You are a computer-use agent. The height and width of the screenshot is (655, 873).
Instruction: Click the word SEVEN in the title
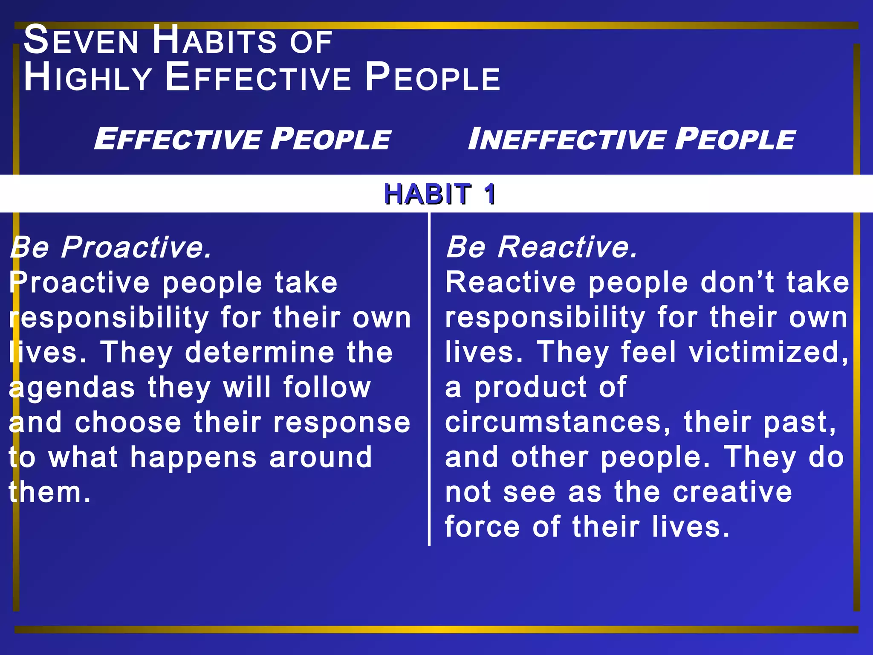(81, 41)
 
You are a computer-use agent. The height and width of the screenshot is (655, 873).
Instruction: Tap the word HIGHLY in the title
(88, 78)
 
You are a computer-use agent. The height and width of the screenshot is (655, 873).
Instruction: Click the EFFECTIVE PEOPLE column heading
(242, 139)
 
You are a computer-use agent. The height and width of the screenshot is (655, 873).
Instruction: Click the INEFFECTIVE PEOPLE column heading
(631, 139)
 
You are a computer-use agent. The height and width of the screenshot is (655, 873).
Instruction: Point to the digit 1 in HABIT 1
(489, 194)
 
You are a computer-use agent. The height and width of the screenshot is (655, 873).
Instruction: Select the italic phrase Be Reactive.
(541, 247)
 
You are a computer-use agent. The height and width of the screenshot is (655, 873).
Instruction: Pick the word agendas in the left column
(72, 388)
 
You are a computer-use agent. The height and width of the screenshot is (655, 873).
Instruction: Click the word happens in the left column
(194, 458)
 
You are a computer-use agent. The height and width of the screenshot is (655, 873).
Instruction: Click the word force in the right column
(482, 527)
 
